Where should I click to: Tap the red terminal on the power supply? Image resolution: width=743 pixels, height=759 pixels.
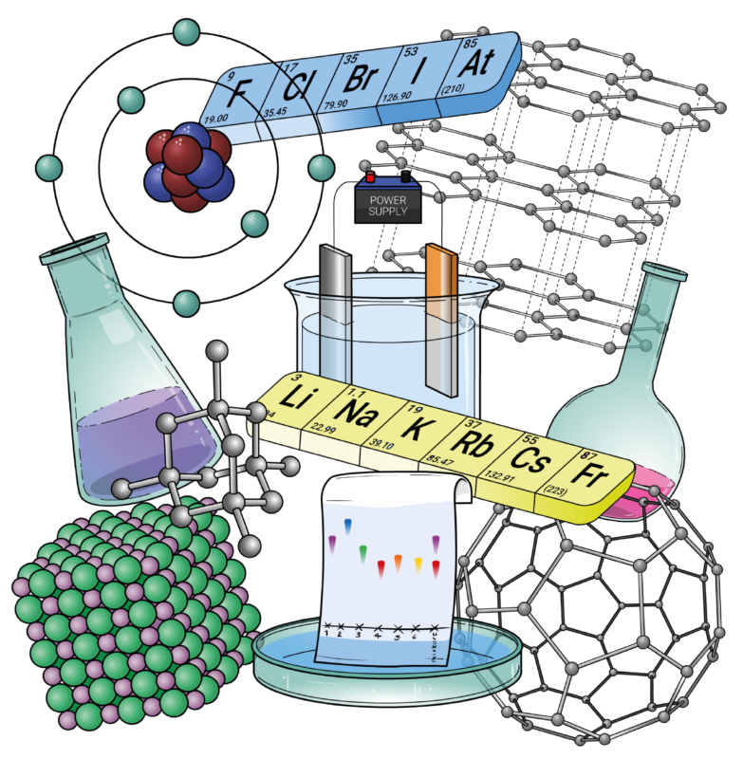(x=369, y=176)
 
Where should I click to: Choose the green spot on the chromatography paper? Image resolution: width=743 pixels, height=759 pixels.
(x=362, y=551)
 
